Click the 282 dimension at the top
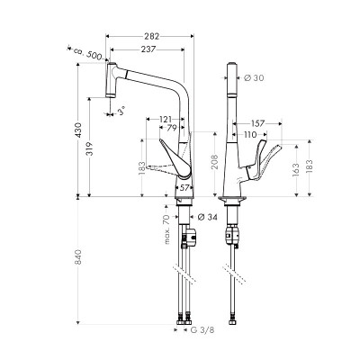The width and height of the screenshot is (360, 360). tap(151, 35)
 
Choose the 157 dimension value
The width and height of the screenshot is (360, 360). tap(257, 122)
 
